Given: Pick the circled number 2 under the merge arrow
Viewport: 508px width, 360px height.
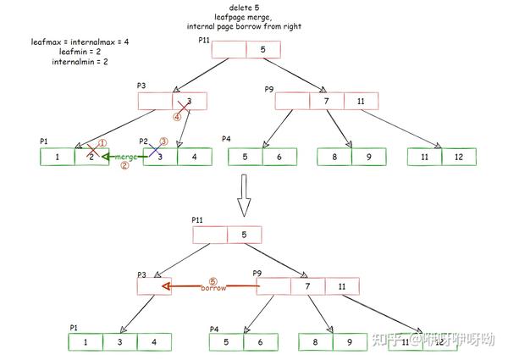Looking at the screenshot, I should tap(124, 166).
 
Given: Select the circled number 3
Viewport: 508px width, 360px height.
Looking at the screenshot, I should tap(165, 141).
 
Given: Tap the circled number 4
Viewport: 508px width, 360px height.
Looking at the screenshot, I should tap(178, 117).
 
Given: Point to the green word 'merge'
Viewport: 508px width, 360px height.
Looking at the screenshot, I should tap(126, 157).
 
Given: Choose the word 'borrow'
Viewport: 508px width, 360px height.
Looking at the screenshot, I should tap(213, 288).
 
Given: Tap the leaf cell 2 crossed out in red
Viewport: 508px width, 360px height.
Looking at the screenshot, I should tap(91, 157).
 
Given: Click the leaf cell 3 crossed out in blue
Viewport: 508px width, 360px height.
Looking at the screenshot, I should tap(160, 157).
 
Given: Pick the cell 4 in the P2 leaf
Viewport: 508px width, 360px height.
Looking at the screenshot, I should tap(194, 157).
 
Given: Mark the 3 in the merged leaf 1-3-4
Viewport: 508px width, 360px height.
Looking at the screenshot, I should tap(119, 341).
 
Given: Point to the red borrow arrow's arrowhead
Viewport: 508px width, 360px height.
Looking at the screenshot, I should tap(167, 286).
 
